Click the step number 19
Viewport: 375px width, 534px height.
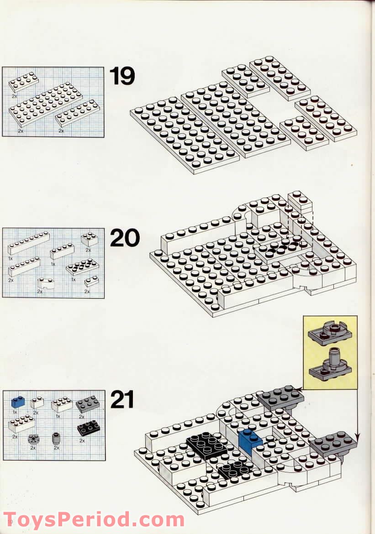[x=122, y=76]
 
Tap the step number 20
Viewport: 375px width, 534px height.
[x=125, y=238]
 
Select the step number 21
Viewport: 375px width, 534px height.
[x=122, y=400]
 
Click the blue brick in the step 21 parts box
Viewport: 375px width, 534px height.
[x=18, y=402]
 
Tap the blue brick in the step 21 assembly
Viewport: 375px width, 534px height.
[x=250, y=440]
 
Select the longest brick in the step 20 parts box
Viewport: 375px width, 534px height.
[x=28, y=243]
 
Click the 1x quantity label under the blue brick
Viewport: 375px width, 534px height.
[x=15, y=412]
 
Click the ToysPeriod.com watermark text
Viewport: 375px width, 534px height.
[x=94, y=520]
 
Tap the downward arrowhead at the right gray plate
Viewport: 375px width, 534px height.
[x=357, y=440]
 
